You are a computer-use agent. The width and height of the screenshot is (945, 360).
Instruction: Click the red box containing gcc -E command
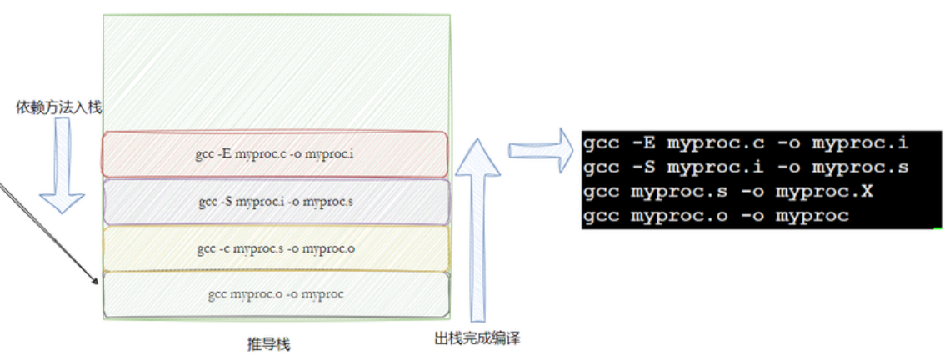[275, 154]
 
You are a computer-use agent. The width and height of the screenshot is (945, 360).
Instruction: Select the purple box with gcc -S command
[275, 202]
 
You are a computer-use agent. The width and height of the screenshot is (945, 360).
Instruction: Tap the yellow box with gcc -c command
[275, 248]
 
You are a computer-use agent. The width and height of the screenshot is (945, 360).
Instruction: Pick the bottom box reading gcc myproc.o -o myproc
[275, 293]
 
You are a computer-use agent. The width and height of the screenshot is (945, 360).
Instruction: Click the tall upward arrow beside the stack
[477, 229]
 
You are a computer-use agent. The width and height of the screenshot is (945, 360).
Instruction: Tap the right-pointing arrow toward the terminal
[540, 151]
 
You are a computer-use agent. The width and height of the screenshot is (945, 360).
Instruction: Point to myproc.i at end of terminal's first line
[861, 142]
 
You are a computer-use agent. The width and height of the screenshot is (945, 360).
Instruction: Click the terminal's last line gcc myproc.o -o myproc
[716, 216]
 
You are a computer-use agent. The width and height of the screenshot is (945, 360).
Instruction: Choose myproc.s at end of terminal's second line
[861, 167]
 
